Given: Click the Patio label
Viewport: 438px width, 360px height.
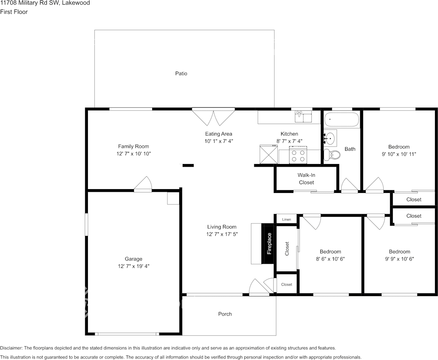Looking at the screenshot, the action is click(x=181, y=73).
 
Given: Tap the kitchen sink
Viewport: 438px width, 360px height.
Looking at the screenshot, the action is click(x=304, y=116).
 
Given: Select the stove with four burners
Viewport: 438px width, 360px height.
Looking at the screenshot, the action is click(x=298, y=155).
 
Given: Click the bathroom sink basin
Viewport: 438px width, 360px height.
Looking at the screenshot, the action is click(x=330, y=137).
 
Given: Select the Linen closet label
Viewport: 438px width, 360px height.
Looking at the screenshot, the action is click(x=286, y=220).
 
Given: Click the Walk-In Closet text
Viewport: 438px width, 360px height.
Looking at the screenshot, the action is click(x=306, y=179).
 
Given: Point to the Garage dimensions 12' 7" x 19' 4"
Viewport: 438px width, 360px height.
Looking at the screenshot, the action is click(x=134, y=266).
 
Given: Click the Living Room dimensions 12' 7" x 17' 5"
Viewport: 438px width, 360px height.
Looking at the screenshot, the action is click(x=222, y=234).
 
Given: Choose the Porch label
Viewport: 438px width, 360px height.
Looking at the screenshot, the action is click(x=225, y=314).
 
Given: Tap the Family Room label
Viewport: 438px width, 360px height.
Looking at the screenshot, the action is click(x=134, y=147).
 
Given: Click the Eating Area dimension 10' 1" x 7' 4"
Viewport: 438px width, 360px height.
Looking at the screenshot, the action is click(x=219, y=141).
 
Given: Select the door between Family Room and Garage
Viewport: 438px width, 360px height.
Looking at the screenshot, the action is click(x=143, y=184).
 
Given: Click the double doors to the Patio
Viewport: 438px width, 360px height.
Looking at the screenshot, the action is click(x=213, y=117).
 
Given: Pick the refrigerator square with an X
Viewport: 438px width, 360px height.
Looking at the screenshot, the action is click(x=269, y=155).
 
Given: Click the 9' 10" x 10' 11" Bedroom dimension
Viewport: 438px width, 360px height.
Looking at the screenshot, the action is click(x=399, y=154).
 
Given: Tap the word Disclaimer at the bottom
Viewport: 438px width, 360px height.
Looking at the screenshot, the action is click(x=11, y=348).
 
